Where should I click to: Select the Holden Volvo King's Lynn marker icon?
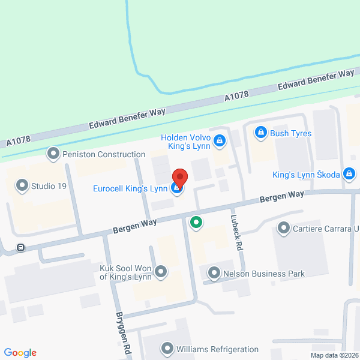click(x=220, y=141)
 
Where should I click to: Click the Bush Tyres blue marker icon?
click(x=260, y=133)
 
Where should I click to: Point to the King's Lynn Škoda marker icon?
click(x=350, y=175)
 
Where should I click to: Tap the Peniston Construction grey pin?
click(x=54, y=154)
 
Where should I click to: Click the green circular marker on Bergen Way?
click(x=196, y=223)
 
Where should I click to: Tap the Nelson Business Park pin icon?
click(x=214, y=274)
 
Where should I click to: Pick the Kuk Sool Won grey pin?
click(x=161, y=272)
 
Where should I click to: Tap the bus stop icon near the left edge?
click(x=21, y=247)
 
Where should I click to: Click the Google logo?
click(x=20, y=353)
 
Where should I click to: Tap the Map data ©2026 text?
click(x=332, y=355)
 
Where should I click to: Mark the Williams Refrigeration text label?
click(x=217, y=349)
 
